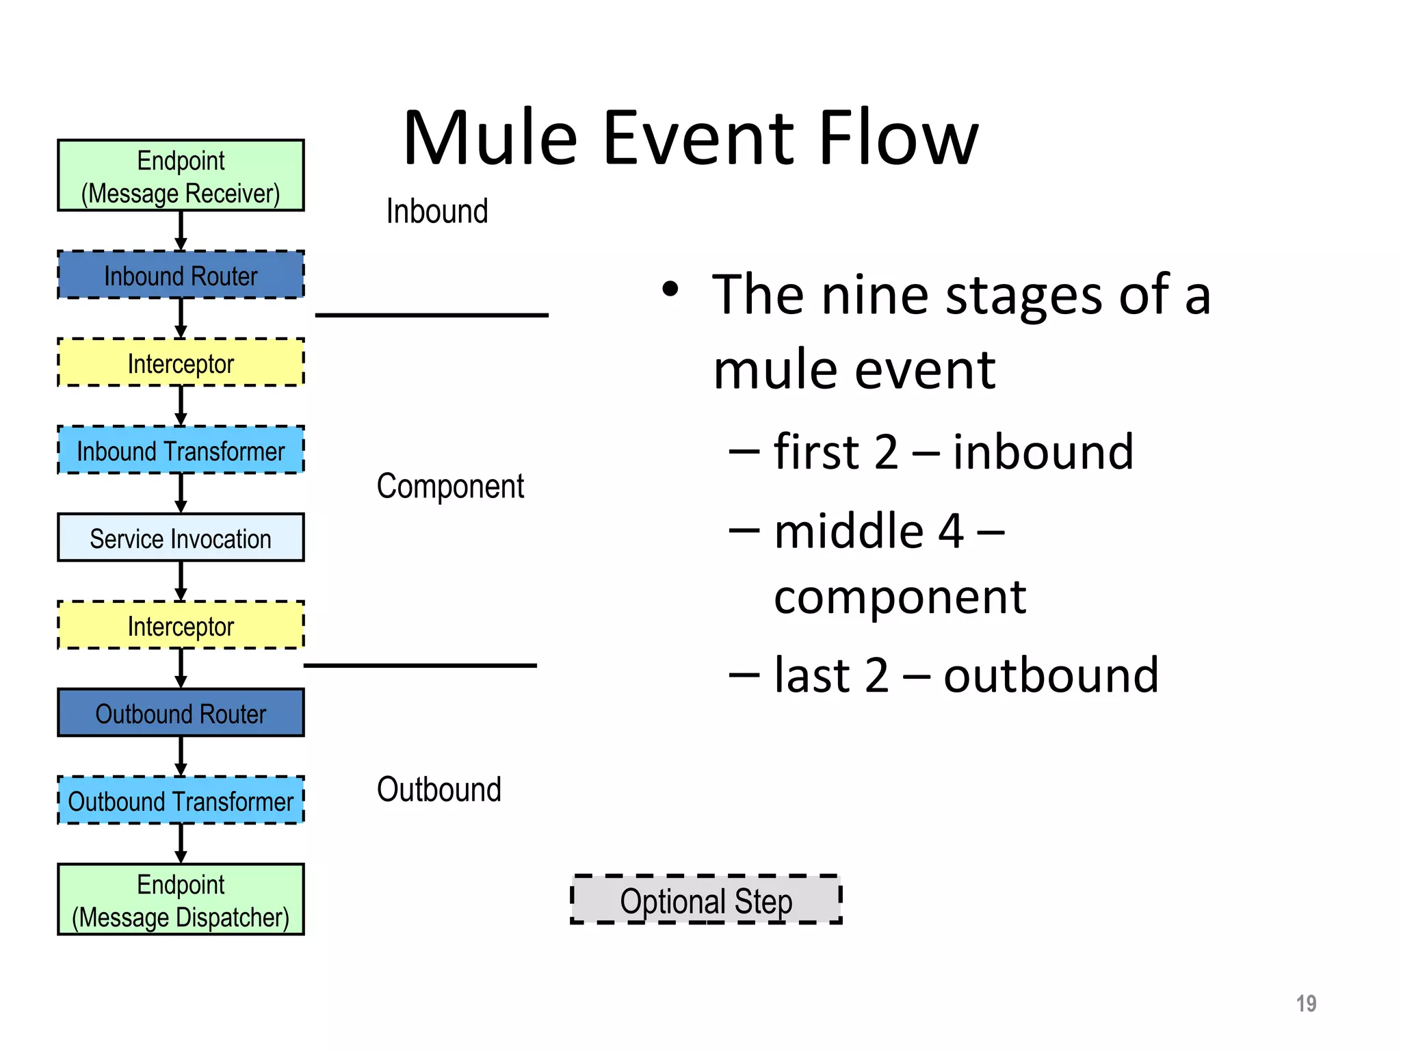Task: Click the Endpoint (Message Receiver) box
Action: tap(181, 176)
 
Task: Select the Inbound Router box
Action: tap(181, 275)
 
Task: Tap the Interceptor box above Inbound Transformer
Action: tap(181, 363)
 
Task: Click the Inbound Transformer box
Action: tap(181, 450)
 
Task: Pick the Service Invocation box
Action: tap(181, 538)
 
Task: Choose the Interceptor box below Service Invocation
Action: tap(181, 625)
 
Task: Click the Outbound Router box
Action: tap(181, 713)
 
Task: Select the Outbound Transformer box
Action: tap(181, 801)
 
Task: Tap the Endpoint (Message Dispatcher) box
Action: tap(181, 900)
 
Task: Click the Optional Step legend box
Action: tap(706, 900)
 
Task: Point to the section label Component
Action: tap(450, 486)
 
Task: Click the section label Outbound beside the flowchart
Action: tap(438, 789)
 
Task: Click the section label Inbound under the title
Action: tap(437, 211)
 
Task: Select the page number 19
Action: tap(1306, 1003)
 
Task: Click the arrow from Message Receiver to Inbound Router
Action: tap(181, 231)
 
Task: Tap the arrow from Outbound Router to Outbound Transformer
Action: tap(181, 756)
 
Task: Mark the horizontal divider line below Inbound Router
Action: tap(432, 315)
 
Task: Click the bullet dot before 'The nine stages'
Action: tap(670, 289)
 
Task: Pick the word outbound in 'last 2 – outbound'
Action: tap(1051, 675)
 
